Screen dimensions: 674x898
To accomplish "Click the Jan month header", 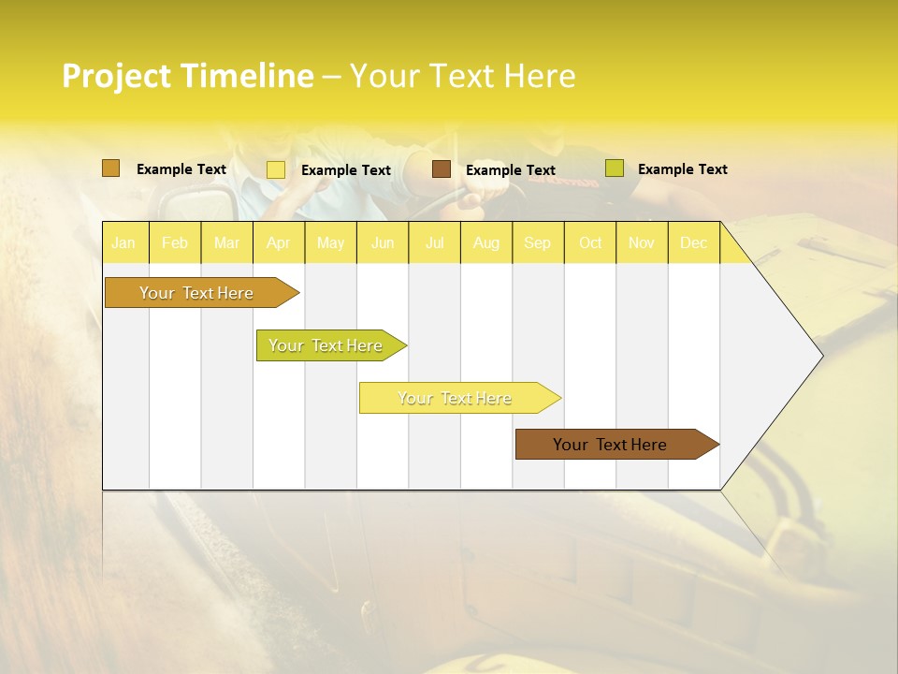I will pyautogui.click(x=123, y=243).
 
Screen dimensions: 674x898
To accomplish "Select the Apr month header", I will pyautogui.click(x=279, y=243).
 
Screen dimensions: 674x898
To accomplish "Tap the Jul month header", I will pyautogui.click(x=435, y=243).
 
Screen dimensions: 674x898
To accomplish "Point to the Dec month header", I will pyautogui.click(x=694, y=243).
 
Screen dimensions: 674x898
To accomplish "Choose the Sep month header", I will pyautogui.click(x=538, y=243).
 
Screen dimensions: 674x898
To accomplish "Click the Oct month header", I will pyautogui.click(x=590, y=243).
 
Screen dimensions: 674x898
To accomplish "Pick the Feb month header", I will pyautogui.click(x=175, y=243).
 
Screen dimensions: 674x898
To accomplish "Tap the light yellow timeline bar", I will pyautogui.click(x=456, y=398).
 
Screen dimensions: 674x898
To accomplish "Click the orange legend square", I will pyautogui.click(x=110, y=168).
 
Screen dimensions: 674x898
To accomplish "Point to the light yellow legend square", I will pyautogui.click(x=276, y=169).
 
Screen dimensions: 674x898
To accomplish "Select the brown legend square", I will pyautogui.click(x=442, y=169).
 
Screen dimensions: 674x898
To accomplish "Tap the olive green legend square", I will pyautogui.click(x=614, y=168).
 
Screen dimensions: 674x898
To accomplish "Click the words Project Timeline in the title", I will pyautogui.click(x=187, y=76).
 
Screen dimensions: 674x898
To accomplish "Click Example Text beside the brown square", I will pyautogui.click(x=511, y=170).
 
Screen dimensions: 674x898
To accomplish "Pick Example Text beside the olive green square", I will pyautogui.click(x=683, y=169).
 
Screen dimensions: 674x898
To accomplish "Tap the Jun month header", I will pyautogui.click(x=383, y=243).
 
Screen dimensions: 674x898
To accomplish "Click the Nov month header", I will pyautogui.click(x=642, y=243).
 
